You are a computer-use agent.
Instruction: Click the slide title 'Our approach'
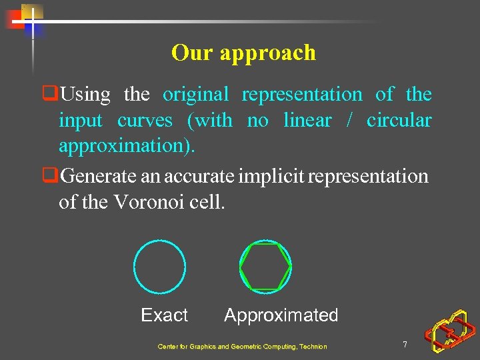click(x=243, y=53)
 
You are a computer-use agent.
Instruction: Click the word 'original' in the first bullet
click(x=195, y=95)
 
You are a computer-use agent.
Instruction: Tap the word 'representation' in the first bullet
click(x=302, y=95)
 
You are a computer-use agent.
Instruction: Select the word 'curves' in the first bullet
click(x=145, y=121)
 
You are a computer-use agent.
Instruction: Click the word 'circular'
click(x=399, y=121)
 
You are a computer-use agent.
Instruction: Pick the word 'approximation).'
click(x=127, y=146)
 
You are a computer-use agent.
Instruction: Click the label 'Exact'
click(x=164, y=315)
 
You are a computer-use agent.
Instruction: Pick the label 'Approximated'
click(x=281, y=315)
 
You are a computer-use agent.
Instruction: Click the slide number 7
click(x=405, y=345)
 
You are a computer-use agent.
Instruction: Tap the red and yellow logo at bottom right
click(x=451, y=331)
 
